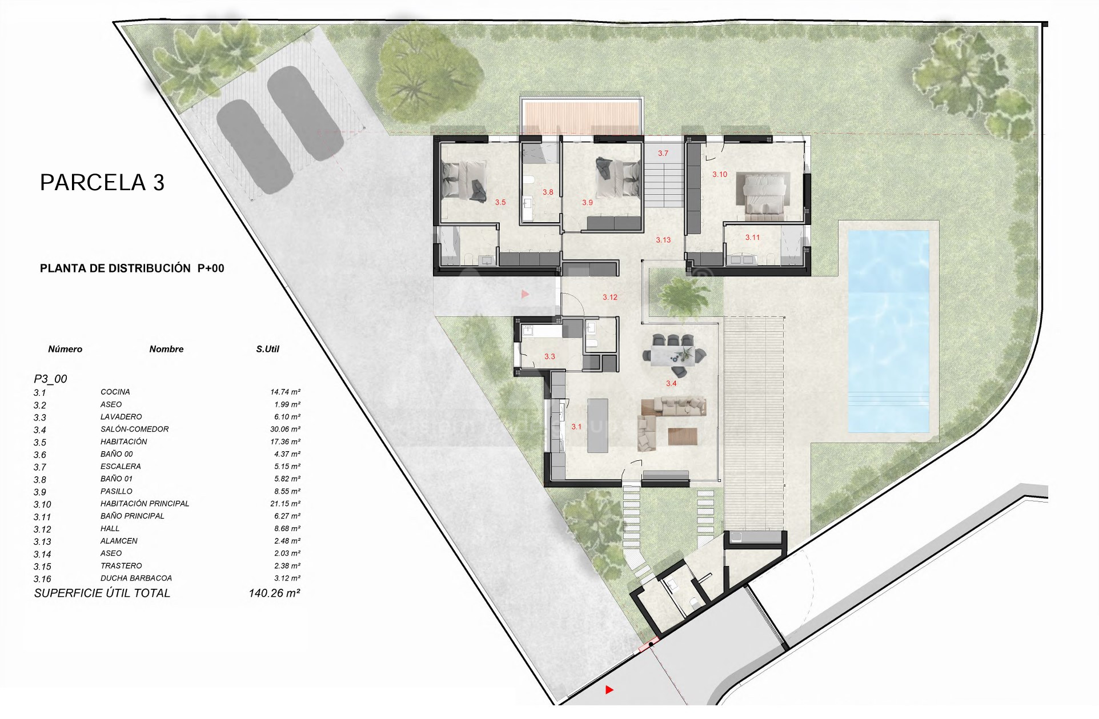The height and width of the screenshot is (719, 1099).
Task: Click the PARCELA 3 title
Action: [102, 183]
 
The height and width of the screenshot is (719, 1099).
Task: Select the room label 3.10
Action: [720, 174]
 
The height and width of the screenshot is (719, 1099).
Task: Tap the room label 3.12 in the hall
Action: [610, 297]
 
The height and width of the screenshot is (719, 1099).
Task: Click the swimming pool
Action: [888, 331]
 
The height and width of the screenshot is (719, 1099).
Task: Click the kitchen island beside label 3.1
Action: [597, 425]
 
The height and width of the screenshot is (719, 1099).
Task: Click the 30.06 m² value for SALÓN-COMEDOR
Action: [285, 429]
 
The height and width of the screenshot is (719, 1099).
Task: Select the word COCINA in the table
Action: [115, 392]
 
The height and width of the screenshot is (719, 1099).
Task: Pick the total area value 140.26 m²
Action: [274, 593]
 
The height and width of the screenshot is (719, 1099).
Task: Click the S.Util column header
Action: [267, 349]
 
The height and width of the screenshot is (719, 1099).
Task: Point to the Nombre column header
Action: [166, 349]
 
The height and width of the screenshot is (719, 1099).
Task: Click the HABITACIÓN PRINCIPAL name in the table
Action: [145, 504]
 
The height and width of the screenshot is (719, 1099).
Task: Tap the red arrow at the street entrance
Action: [609, 690]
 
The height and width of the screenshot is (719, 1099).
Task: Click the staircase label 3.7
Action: [663, 153]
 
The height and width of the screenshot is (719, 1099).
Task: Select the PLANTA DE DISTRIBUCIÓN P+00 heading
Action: [132, 268]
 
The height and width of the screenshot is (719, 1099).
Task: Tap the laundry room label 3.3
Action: [549, 356]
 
